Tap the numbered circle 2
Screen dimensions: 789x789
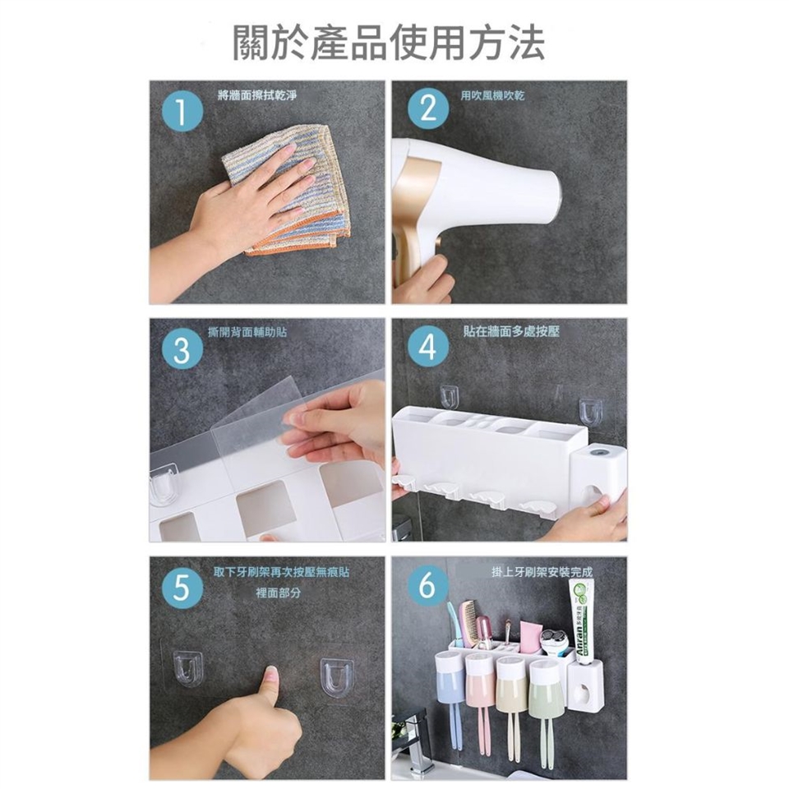click(x=428, y=108)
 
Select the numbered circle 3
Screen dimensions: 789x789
click(x=182, y=348)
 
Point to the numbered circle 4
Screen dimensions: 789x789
click(x=428, y=347)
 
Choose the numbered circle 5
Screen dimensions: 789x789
click(x=182, y=587)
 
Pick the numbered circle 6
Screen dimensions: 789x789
click(x=427, y=586)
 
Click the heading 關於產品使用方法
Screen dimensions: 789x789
click(x=389, y=43)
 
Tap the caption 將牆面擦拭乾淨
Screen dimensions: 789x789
click(x=257, y=95)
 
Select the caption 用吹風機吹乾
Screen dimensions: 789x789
click(x=492, y=95)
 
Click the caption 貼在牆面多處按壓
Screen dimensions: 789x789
click(x=511, y=331)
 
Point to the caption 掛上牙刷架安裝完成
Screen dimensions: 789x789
click(x=542, y=572)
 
